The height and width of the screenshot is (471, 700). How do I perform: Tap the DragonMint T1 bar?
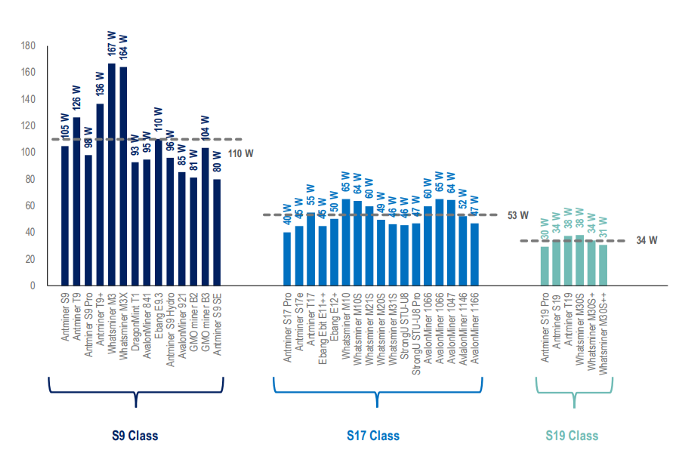135,224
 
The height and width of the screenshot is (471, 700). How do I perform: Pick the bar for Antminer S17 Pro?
287,259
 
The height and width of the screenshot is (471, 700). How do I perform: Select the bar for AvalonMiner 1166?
475,254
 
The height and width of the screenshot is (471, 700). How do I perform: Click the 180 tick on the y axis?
27,46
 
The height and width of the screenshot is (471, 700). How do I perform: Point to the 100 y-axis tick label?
27,152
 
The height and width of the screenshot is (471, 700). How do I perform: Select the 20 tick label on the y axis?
30,259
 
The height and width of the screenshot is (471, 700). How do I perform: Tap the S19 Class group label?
572,436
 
